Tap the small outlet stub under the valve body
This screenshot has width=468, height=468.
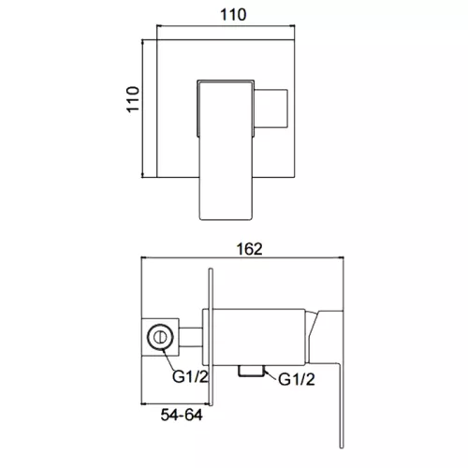[249, 370]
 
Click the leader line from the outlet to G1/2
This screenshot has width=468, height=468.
[266, 375]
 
